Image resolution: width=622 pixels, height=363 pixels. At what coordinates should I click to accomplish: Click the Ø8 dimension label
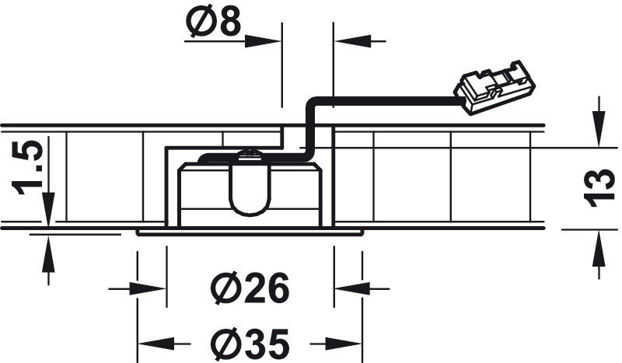[213, 22]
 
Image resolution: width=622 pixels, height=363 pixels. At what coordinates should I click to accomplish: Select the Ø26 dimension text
[250, 288]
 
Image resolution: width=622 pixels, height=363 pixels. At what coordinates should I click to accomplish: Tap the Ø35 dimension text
[250, 343]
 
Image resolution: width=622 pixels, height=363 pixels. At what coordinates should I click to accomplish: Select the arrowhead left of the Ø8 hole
[263, 41]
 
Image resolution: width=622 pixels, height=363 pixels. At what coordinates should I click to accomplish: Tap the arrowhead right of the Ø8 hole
[352, 41]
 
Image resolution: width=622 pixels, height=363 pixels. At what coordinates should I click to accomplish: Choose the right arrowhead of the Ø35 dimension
[344, 343]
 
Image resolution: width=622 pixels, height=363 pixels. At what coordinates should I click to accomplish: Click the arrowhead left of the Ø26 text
[148, 289]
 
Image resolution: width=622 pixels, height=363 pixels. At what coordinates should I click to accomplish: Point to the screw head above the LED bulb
[249, 155]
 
